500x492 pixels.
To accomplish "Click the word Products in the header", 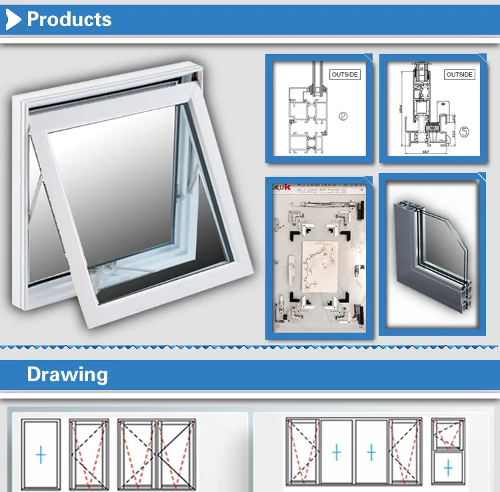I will (x=69, y=19).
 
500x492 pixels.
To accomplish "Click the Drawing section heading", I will (x=67, y=375).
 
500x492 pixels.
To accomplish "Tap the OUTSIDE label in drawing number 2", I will (x=345, y=74).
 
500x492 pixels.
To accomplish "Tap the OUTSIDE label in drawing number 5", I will (x=459, y=74).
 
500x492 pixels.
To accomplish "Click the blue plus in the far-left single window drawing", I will (x=41, y=455).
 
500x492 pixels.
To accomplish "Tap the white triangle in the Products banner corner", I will (x=14, y=20).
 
